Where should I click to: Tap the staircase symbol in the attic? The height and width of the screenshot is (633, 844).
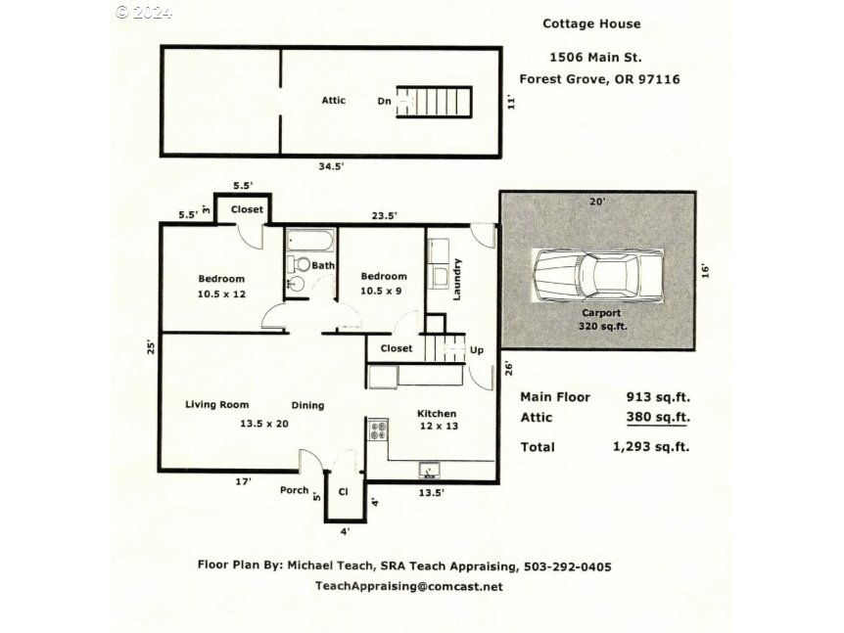441,101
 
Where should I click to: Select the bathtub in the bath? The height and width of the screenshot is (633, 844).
310,241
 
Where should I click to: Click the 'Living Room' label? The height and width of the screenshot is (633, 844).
216,404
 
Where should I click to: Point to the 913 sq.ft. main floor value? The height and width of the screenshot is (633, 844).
658,397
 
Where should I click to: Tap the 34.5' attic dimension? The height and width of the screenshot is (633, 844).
330,166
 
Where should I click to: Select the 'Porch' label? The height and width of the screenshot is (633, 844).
294,490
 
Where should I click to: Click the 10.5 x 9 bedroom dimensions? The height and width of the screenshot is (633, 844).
384,291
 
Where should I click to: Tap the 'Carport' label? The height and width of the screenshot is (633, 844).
600,313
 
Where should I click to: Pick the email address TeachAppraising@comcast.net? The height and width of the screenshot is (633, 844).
409,586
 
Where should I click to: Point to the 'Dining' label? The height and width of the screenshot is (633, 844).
307,405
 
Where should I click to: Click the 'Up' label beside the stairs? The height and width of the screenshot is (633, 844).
477,349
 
